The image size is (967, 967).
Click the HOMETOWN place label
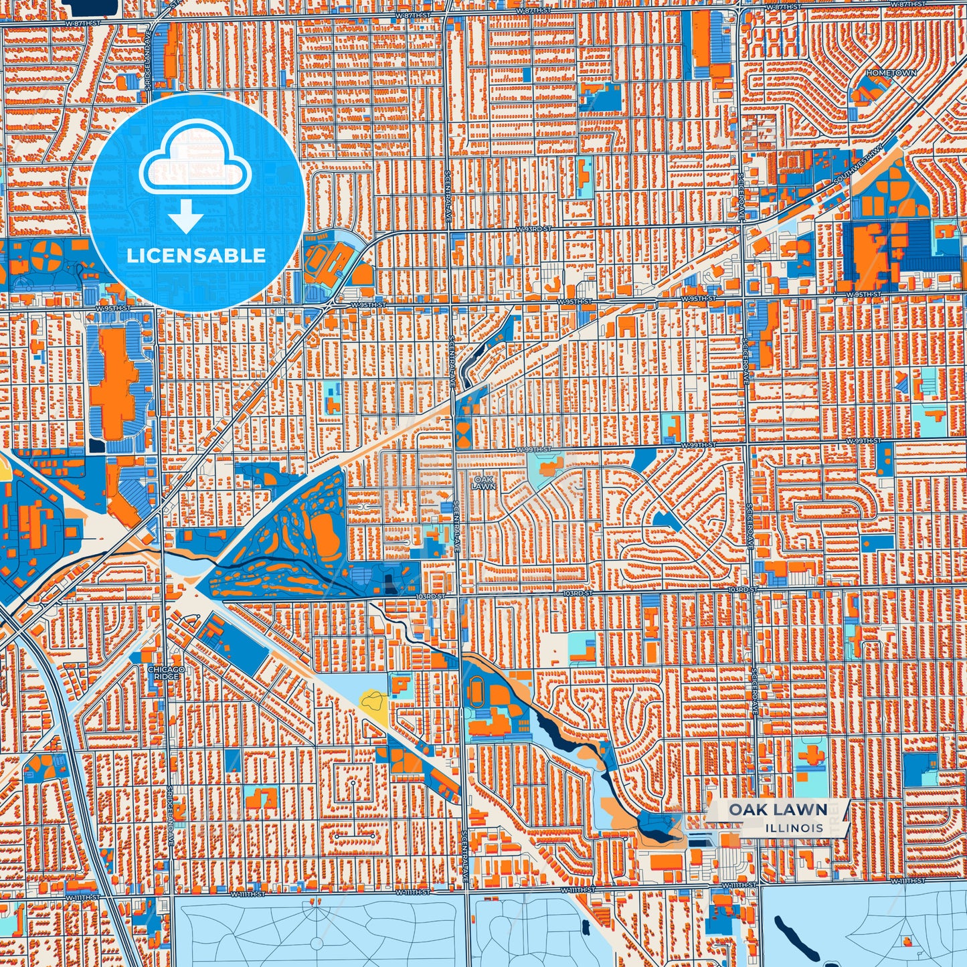(x=891, y=72)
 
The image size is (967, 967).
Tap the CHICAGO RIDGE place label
(x=165, y=673)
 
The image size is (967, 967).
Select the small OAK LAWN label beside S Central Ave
(x=484, y=483)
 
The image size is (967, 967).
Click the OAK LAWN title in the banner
(x=778, y=810)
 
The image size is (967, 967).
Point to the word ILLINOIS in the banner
(x=795, y=828)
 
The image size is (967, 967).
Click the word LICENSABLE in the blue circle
(x=196, y=255)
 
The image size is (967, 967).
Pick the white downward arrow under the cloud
(x=186, y=217)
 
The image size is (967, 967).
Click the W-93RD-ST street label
(x=533, y=229)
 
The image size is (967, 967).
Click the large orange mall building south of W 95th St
(x=112, y=381)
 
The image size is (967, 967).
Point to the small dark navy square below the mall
(x=97, y=444)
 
